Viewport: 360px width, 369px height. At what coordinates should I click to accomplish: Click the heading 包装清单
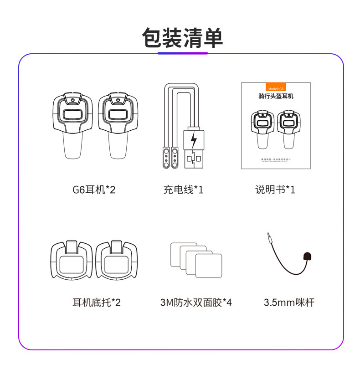pyautogui.click(x=182, y=38)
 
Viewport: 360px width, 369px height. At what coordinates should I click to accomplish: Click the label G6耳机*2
pyautogui.click(x=94, y=189)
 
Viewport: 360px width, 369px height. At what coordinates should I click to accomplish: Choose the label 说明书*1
pyautogui.click(x=275, y=189)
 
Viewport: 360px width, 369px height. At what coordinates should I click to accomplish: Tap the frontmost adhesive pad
pyautogui.click(x=208, y=265)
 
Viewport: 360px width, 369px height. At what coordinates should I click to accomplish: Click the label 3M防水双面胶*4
pyautogui.click(x=196, y=302)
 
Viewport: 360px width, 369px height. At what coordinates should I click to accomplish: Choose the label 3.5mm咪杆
pyautogui.click(x=288, y=302)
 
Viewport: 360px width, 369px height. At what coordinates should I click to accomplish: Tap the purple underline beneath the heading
pyautogui.click(x=182, y=53)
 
